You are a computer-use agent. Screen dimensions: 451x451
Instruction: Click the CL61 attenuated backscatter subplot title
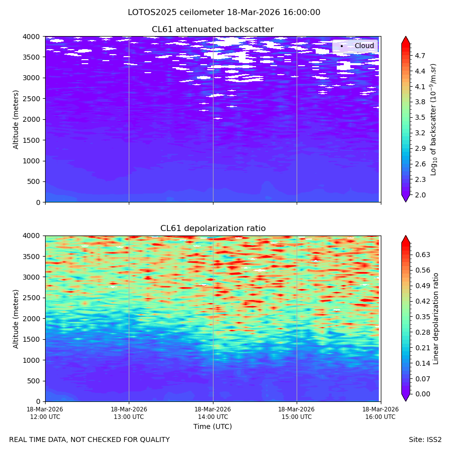coord(212,30)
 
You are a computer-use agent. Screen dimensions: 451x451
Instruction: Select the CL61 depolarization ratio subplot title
coord(213,229)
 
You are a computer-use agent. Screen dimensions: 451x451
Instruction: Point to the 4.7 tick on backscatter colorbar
coord(420,56)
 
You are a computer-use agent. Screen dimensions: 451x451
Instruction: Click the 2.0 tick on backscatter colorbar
coord(420,195)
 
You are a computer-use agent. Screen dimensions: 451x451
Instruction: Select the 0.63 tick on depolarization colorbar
coord(422,255)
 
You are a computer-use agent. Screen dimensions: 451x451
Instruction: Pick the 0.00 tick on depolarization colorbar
coord(422,394)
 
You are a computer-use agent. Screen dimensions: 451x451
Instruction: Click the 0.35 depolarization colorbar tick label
coord(422,317)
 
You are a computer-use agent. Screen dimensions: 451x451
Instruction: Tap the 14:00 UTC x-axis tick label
coord(213,413)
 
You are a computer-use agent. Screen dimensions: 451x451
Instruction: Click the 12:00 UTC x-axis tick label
coord(45,413)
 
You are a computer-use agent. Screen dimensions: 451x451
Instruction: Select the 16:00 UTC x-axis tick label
coord(380,413)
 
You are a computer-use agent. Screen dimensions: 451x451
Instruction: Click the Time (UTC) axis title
coord(212,426)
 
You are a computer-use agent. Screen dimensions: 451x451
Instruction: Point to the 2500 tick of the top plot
coord(32,99)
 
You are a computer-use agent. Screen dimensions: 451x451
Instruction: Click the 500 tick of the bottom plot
coord(34,381)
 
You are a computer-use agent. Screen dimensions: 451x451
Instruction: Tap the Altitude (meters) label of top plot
coord(16,119)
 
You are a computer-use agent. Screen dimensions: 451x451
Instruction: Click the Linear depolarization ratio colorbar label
coord(435,319)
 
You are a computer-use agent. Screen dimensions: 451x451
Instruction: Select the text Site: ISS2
coord(425,440)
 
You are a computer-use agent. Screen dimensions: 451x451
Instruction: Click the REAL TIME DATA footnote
coord(90,440)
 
